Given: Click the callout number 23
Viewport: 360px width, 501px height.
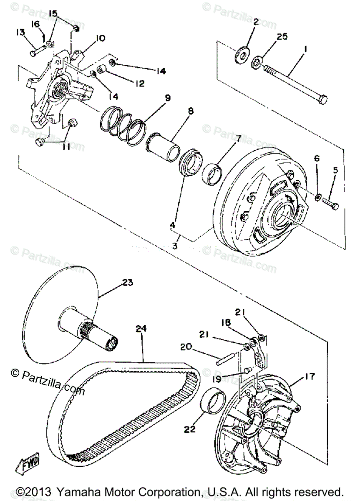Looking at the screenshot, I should (x=127, y=283).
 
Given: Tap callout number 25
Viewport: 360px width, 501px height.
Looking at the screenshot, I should (x=282, y=37).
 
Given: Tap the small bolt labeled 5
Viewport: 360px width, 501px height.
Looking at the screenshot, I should (x=330, y=205).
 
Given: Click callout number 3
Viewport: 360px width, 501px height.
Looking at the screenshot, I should (x=175, y=246).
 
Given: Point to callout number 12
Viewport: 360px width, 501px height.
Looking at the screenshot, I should (x=139, y=83).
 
